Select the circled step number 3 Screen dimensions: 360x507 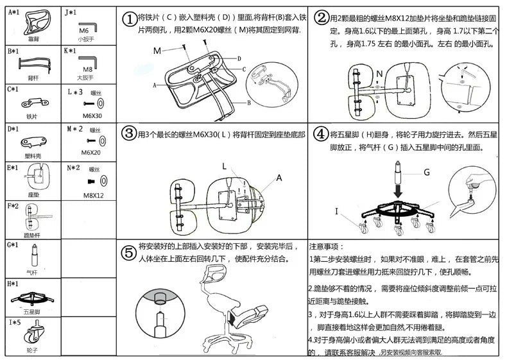[x=130, y=133]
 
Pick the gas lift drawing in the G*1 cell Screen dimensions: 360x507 [x=31, y=261]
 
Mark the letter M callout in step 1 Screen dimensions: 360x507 [x=157, y=50]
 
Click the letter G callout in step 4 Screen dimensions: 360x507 [x=427, y=171]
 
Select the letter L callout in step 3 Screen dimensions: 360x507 [x=224, y=166]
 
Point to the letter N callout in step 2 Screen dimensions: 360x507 [x=379, y=73]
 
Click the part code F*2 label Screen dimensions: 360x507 [x=13, y=206]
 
